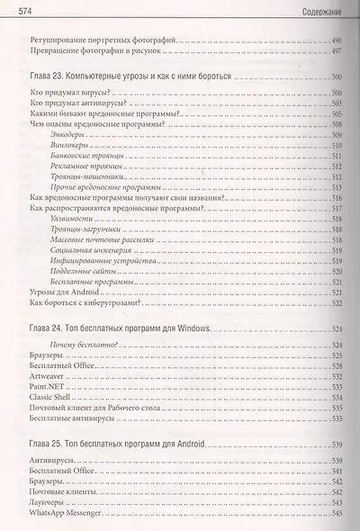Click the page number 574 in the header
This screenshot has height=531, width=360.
coord(14,10)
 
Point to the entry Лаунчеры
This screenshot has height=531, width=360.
coord(49,502)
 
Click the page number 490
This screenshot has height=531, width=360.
coord(337,41)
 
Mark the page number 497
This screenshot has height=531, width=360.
coord(337,52)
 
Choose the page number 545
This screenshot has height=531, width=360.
coord(337,513)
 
